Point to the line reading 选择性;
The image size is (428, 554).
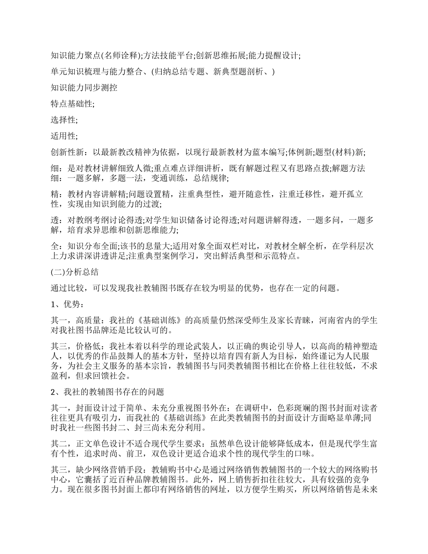[64, 120]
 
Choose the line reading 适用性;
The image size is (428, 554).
[64, 136]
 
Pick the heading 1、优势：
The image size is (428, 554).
[67, 304]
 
